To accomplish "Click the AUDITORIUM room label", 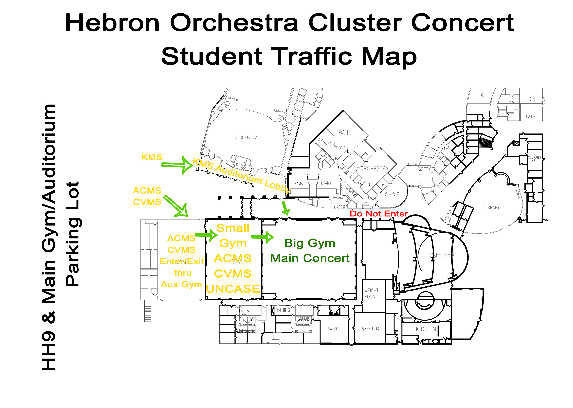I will [x=246, y=138].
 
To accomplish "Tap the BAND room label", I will [x=345, y=133].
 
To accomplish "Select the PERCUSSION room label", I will [x=330, y=143].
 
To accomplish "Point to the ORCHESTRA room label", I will [x=374, y=169].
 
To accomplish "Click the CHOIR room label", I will [x=392, y=195].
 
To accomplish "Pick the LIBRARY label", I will [x=492, y=208].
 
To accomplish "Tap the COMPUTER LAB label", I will [x=534, y=159].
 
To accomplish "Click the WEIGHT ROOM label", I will [x=371, y=293].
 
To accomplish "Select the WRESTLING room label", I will [x=370, y=328].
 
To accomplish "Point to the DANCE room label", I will [x=333, y=329].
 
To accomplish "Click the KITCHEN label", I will [x=425, y=329].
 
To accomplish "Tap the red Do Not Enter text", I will [x=379, y=214].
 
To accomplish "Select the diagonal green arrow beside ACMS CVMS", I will [x=177, y=207].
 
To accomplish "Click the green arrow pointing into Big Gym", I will [x=262, y=237].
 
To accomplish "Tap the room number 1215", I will [x=530, y=117].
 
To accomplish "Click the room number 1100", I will [x=479, y=95].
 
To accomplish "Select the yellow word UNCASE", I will [x=233, y=289].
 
